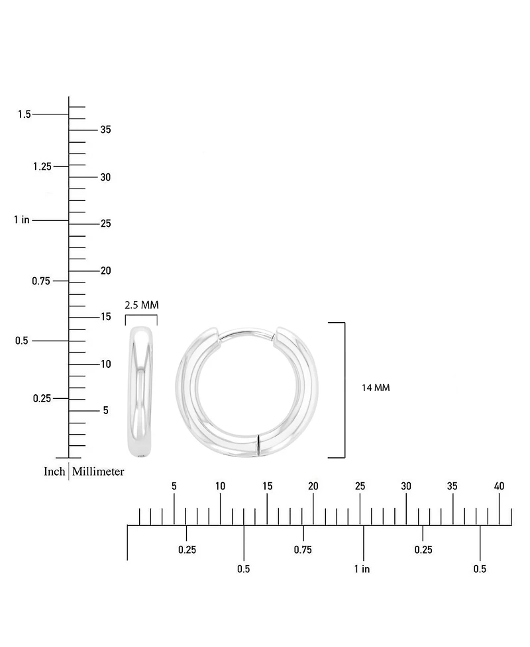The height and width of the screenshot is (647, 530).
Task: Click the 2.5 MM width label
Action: click(142, 305)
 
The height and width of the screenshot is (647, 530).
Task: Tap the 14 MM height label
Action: click(376, 388)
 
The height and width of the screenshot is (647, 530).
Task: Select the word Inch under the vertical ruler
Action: click(54, 471)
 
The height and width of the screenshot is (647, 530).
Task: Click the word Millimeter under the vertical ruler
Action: click(98, 471)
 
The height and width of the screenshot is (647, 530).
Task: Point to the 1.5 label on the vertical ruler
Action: click(25, 114)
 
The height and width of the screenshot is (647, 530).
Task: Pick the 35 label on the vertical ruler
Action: click(106, 130)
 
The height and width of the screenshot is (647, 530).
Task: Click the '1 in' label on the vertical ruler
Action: click(22, 220)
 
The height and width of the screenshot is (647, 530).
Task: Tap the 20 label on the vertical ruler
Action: click(106, 271)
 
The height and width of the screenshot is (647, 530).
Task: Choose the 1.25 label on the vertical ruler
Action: click(42, 166)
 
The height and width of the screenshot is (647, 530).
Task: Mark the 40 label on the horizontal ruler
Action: click(499, 486)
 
